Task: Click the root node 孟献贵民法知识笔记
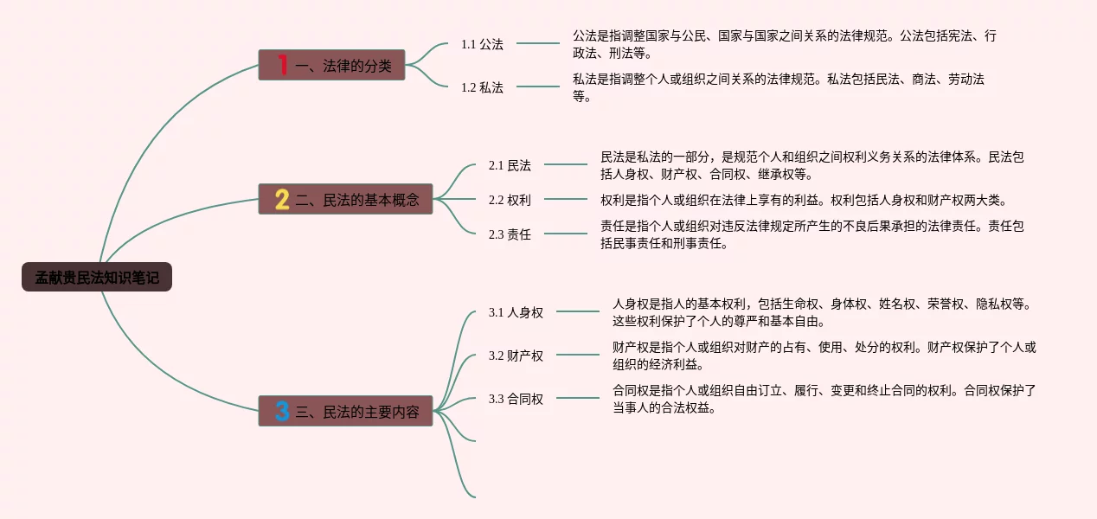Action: (97, 278)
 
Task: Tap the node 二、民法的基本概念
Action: (344, 200)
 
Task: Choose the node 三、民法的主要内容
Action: (344, 412)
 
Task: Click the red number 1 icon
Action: (282, 65)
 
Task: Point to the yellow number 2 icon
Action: (282, 200)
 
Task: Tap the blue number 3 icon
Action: (282, 412)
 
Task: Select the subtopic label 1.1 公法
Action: (482, 44)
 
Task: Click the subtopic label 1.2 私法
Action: (482, 87)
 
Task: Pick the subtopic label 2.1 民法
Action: (510, 165)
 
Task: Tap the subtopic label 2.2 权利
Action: (510, 200)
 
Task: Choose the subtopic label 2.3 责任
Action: (510, 234)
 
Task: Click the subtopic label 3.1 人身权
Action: (516, 312)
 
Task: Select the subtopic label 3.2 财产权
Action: (516, 356)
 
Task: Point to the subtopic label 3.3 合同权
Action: (516, 399)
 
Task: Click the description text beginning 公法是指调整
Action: (784, 44)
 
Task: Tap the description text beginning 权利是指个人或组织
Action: (803, 200)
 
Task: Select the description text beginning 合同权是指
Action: (824, 399)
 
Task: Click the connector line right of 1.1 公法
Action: (538, 43)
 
